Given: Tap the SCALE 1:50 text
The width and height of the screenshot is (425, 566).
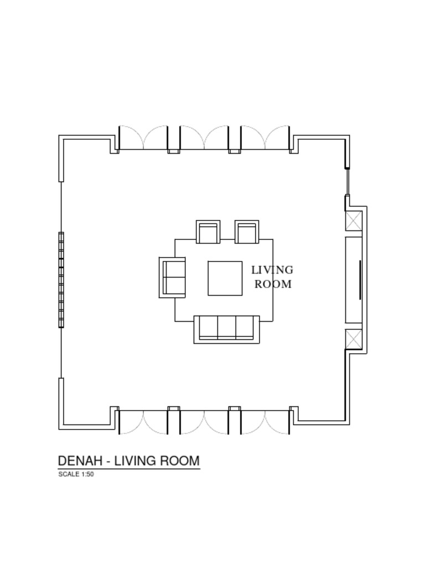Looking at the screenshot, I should coord(76,474).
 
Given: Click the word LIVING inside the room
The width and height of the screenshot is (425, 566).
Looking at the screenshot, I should coord(272,270).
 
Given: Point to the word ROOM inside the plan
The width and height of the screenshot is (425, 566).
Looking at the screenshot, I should coord(273,285).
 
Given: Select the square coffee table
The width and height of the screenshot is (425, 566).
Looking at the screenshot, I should coord(225,279).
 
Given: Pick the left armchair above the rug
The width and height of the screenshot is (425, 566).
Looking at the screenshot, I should coord(209,232).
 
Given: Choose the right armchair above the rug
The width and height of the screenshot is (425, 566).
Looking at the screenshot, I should coord(247,232).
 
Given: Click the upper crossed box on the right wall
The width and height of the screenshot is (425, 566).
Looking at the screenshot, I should coord(354,221).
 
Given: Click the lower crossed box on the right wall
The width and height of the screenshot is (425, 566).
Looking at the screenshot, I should coord(354,339).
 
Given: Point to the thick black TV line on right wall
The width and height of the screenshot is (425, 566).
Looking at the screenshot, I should coord(360,280).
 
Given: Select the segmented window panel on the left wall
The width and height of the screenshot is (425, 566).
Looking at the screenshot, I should coord(61,280).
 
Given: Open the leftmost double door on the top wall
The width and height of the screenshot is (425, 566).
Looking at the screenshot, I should coord(143,139).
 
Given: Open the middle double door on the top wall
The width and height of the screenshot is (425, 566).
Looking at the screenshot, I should coord(204,139).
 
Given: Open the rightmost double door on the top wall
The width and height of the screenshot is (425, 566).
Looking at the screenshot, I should coord(265,139).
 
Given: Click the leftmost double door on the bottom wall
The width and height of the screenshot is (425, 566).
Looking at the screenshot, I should coord(143,422).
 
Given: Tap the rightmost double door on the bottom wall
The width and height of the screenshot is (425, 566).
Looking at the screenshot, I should coord(265,422).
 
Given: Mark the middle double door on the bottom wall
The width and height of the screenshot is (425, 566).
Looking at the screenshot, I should coord(204,422).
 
